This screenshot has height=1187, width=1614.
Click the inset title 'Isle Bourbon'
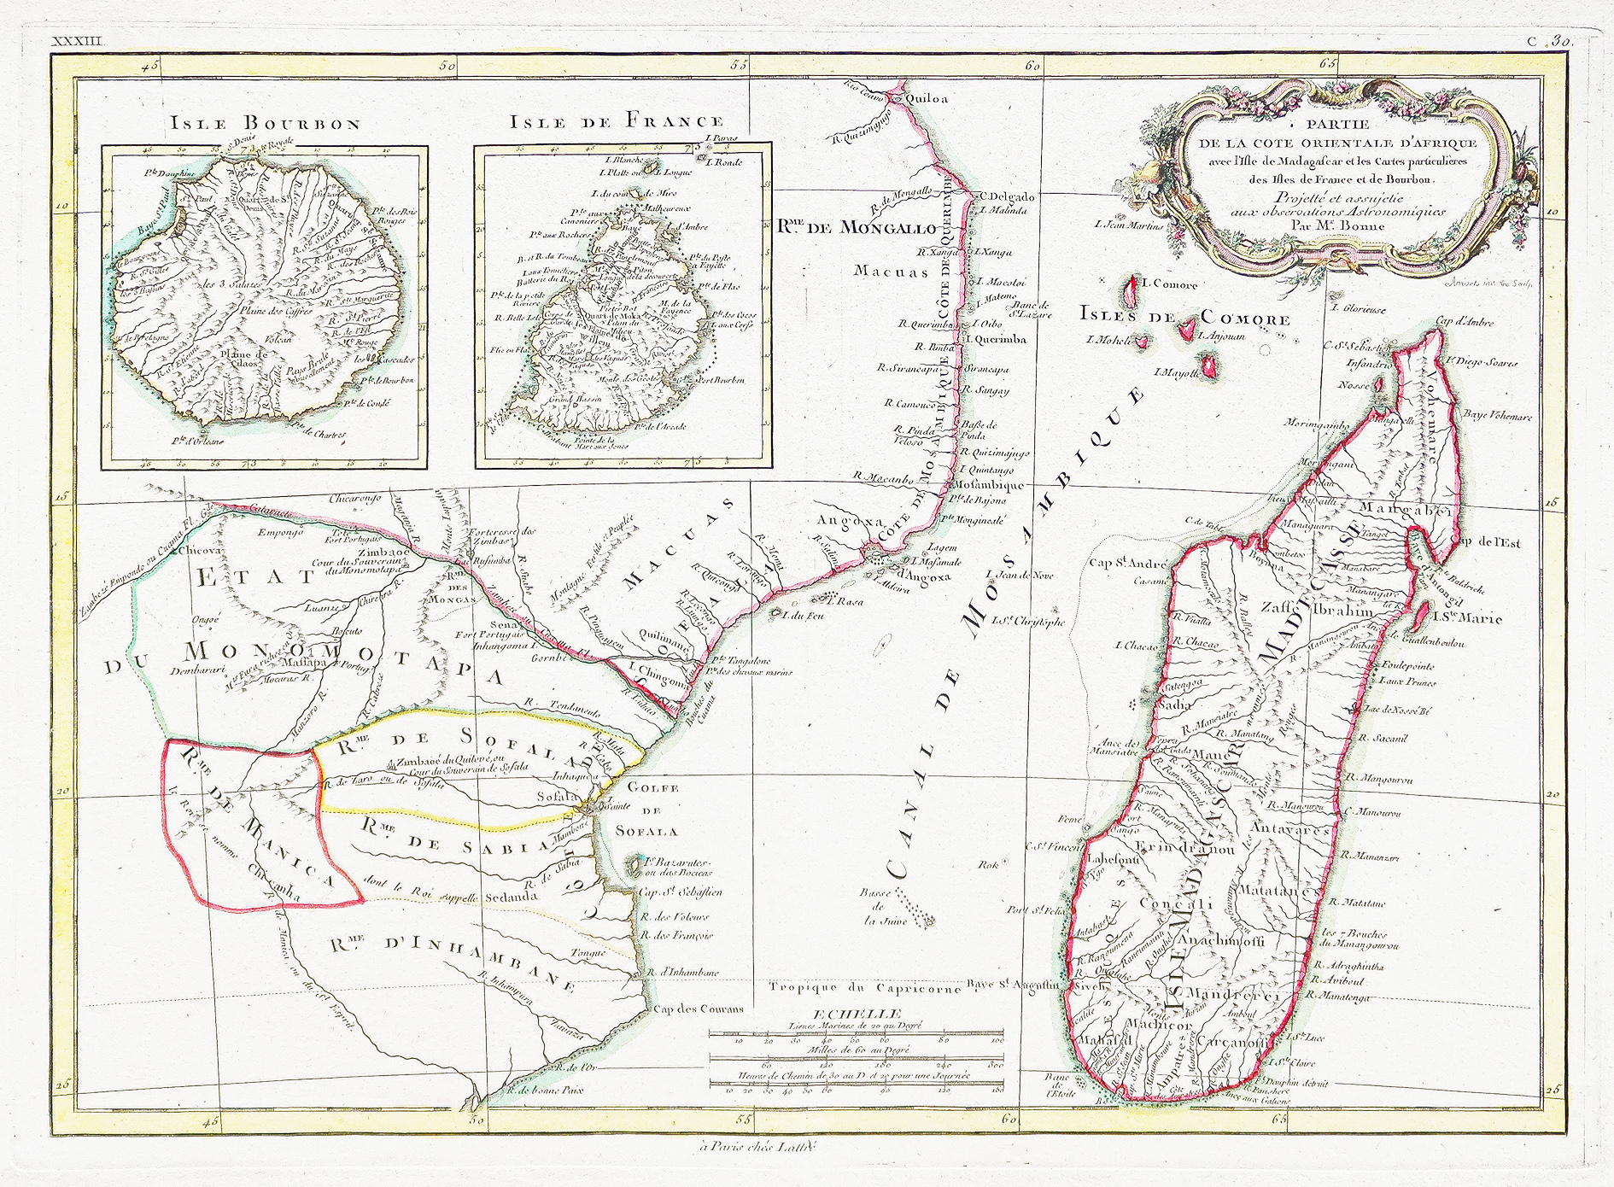[x=266, y=123]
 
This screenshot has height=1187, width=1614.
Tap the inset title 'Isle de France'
[x=617, y=121]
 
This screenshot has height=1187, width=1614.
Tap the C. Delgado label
[x=1007, y=196]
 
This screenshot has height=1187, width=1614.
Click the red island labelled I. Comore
[x=1133, y=289]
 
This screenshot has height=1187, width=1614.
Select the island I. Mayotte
[x=1209, y=367]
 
